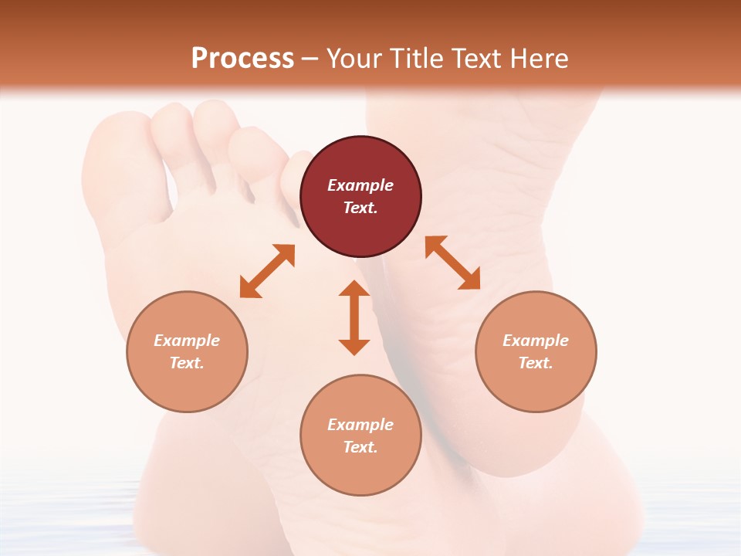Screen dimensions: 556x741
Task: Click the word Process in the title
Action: (x=242, y=59)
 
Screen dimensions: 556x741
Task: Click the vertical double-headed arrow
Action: (x=354, y=317)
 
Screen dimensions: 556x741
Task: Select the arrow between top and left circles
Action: (x=267, y=271)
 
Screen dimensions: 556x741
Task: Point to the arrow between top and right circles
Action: (x=453, y=263)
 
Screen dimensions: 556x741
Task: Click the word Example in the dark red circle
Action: (x=360, y=185)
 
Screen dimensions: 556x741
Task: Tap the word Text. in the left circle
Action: (x=187, y=363)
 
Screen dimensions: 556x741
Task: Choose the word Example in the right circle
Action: (x=536, y=341)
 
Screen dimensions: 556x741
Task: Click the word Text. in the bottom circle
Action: (x=360, y=447)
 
